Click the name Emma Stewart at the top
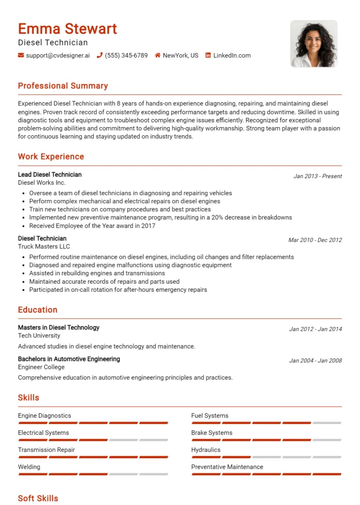coord(68,29)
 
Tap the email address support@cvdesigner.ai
coord(58,56)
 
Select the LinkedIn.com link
coord(232,56)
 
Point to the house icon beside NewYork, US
coord(158,55)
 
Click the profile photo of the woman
coord(314,44)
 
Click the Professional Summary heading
coord(63,86)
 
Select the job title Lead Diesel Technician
coord(50,175)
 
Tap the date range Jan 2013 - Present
coord(317,176)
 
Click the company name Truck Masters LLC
coord(44,247)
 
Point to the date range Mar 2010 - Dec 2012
coord(315,240)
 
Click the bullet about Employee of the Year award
coord(92,226)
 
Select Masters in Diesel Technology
coord(59,327)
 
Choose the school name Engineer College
coord(41,367)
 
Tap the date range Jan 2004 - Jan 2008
coord(315,361)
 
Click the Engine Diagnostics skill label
coord(44,416)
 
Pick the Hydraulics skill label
coord(206,450)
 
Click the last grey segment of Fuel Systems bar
coord(326,423)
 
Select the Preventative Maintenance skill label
coord(227,467)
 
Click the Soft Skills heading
coord(38,498)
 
